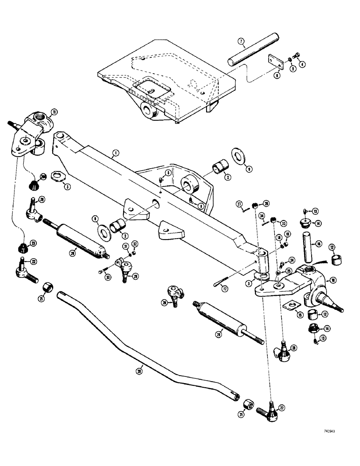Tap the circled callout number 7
(x=241, y=41)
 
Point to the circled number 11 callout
(x=54, y=111)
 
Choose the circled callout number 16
(x=318, y=243)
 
